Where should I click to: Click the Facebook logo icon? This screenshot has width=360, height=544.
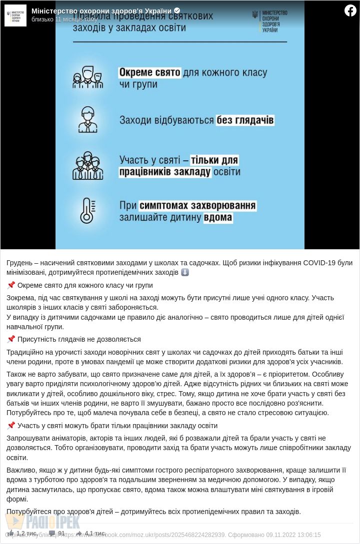pyautogui.click(x=350, y=10)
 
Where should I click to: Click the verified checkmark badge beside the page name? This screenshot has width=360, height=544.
pyautogui.click(x=177, y=10)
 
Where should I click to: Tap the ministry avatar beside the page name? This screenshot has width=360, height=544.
pyautogui.click(x=15, y=15)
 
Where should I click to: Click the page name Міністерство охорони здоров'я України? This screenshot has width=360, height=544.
pyautogui.click(x=101, y=11)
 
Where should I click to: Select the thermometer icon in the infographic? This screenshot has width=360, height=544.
pyautogui.click(x=87, y=211)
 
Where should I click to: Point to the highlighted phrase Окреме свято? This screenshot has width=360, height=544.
pyautogui.click(x=149, y=72)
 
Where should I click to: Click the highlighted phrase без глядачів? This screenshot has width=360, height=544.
pyautogui.click(x=245, y=120)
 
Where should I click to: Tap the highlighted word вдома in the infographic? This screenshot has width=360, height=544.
pyautogui.click(x=218, y=218)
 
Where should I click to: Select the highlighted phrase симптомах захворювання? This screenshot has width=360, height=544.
pyautogui.click(x=197, y=206)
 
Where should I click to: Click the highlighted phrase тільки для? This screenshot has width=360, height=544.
pyautogui.click(x=214, y=160)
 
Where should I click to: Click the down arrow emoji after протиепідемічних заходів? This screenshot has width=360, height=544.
pyautogui.click(x=185, y=272)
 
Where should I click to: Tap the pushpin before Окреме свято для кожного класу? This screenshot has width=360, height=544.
pyautogui.click(x=11, y=285)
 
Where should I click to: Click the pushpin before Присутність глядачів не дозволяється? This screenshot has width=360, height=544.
pyautogui.click(x=11, y=339)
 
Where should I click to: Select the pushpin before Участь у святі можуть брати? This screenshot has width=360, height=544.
pyautogui.click(x=11, y=426)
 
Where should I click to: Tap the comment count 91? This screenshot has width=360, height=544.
pyautogui.click(x=61, y=533)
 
